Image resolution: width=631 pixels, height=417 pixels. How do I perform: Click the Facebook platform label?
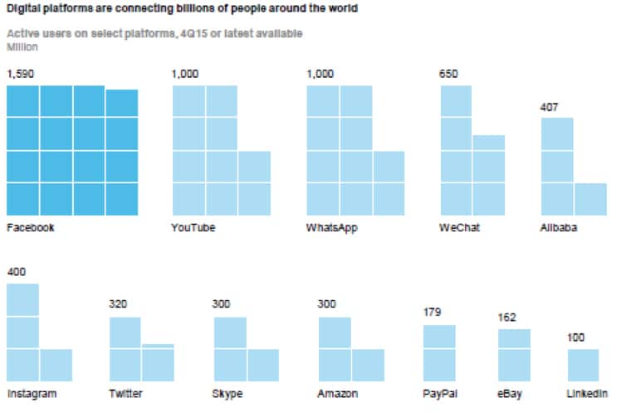click(30, 227)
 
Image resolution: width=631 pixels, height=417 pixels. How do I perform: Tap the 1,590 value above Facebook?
click(21, 74)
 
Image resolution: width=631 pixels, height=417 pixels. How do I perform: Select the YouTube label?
click(193, 227)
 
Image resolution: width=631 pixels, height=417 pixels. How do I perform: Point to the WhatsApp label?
click(332, 227)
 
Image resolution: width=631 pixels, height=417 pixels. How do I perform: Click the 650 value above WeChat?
click(448, 74)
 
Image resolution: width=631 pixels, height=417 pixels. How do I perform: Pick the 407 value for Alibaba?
click(550, 107)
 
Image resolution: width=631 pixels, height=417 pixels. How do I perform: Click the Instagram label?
click(32, 393)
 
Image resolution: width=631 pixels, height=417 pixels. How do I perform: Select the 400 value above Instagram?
click(16, 272)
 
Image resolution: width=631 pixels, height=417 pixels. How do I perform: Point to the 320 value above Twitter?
click(119, 304)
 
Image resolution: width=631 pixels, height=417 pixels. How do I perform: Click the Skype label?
click(227, 393)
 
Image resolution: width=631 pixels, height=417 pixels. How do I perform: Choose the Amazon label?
click(338, 393)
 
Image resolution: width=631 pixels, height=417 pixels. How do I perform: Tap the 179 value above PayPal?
click(432, 313)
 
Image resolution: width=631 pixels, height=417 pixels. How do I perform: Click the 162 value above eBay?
click(506, 318)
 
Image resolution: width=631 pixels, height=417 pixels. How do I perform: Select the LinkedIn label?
click(588, 393)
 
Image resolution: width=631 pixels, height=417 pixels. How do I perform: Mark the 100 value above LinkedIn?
click(576, 337)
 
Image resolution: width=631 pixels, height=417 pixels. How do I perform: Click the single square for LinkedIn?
click(584, 365)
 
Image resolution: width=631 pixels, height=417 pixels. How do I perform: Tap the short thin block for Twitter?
click(158, 345)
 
